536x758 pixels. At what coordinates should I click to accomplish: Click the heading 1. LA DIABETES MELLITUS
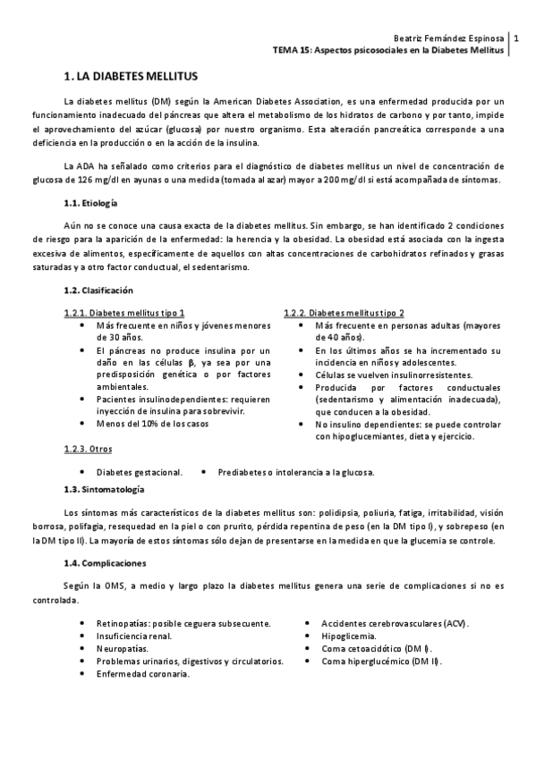(x=131, y=78)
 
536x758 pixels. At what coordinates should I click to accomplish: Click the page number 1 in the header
(x=516, y=40)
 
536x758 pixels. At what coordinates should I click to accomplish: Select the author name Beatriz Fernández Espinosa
(x=449, y=38)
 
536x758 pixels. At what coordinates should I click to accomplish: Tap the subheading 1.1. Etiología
(x=93, y=204)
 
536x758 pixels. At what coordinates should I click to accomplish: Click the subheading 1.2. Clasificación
(x=98, y=291)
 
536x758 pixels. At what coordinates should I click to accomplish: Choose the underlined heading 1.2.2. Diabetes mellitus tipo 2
(x=344, y=313)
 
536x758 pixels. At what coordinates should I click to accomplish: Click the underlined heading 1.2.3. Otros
(x=88, y=449)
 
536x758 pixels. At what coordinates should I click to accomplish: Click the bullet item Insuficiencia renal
(x=134, y=636)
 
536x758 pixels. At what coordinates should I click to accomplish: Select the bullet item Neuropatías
(x=123, y=648)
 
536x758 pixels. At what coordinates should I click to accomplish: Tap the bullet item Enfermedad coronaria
(x=143, y=674)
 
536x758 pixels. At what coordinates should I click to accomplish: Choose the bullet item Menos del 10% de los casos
(x=152, y=424)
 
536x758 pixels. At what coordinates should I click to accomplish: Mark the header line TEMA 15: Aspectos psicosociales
(x=388, y=51)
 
